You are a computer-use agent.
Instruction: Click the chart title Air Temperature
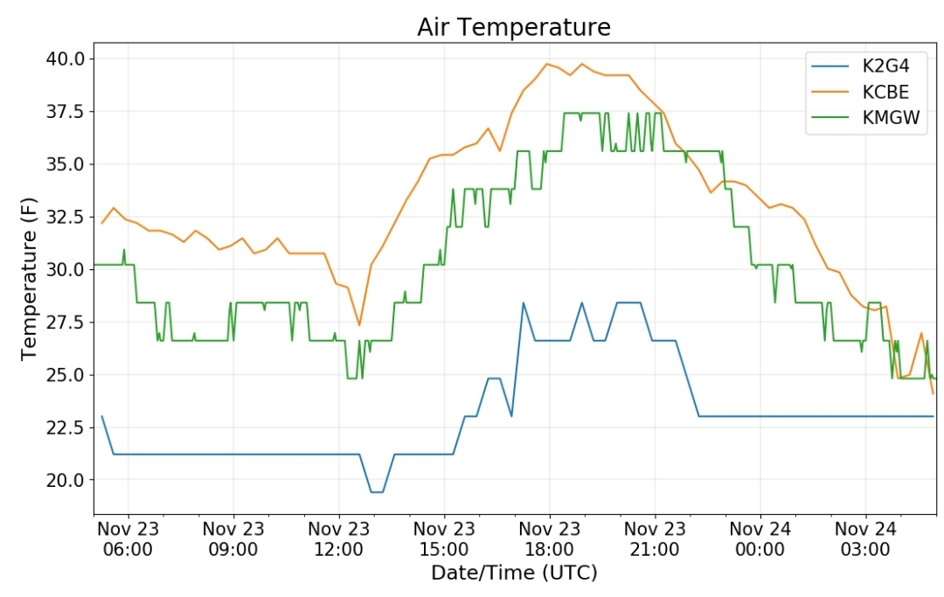[x=514, y=27]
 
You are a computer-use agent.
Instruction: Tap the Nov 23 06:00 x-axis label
[x=128, y=539]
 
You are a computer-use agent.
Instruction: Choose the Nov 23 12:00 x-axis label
[x=338, y=539]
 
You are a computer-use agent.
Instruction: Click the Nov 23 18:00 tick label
[x=549, y=539]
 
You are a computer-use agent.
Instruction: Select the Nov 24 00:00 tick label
[x=760, y=539]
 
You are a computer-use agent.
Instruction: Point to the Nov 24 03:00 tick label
[x=865, y=539]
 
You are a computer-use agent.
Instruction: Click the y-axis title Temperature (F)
[x=28, y=279]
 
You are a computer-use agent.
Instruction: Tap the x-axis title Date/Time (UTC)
[x=514, y=573]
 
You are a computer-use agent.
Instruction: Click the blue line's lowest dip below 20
[x=377, y=492]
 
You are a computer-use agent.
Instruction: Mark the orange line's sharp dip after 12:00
[x=359, y=325]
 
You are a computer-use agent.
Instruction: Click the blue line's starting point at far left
[x=101, y=416]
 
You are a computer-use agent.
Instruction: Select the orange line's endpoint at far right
[x=934, y=393]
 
